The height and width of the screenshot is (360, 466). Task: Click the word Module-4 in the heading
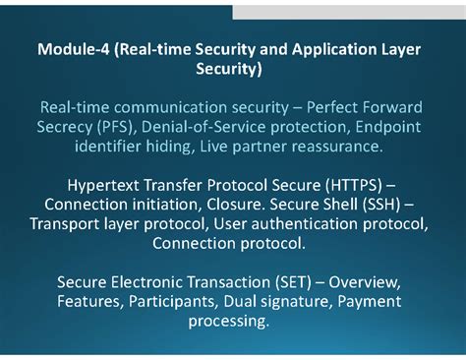coord(71,48)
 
